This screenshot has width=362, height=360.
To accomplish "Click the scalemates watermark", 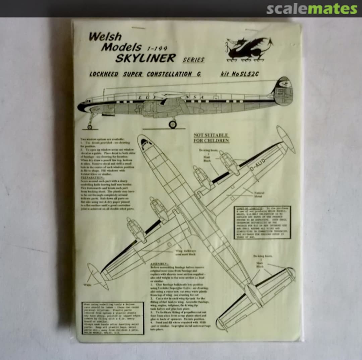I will pos(312,9).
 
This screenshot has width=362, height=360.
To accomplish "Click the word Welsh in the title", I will pos(105,37).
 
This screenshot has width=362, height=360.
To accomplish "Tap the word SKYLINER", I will pos(145,58).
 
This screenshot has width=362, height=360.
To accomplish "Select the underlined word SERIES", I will pos(193,60).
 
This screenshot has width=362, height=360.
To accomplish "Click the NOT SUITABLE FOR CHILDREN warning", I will pos(211,138).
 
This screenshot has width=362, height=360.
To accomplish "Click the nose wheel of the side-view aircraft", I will pos(89,127).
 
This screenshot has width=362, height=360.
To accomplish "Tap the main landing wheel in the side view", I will pos(173,125).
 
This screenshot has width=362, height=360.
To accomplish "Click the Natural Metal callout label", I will pos(259,195).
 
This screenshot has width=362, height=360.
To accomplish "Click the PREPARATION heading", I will pos(91,178).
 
